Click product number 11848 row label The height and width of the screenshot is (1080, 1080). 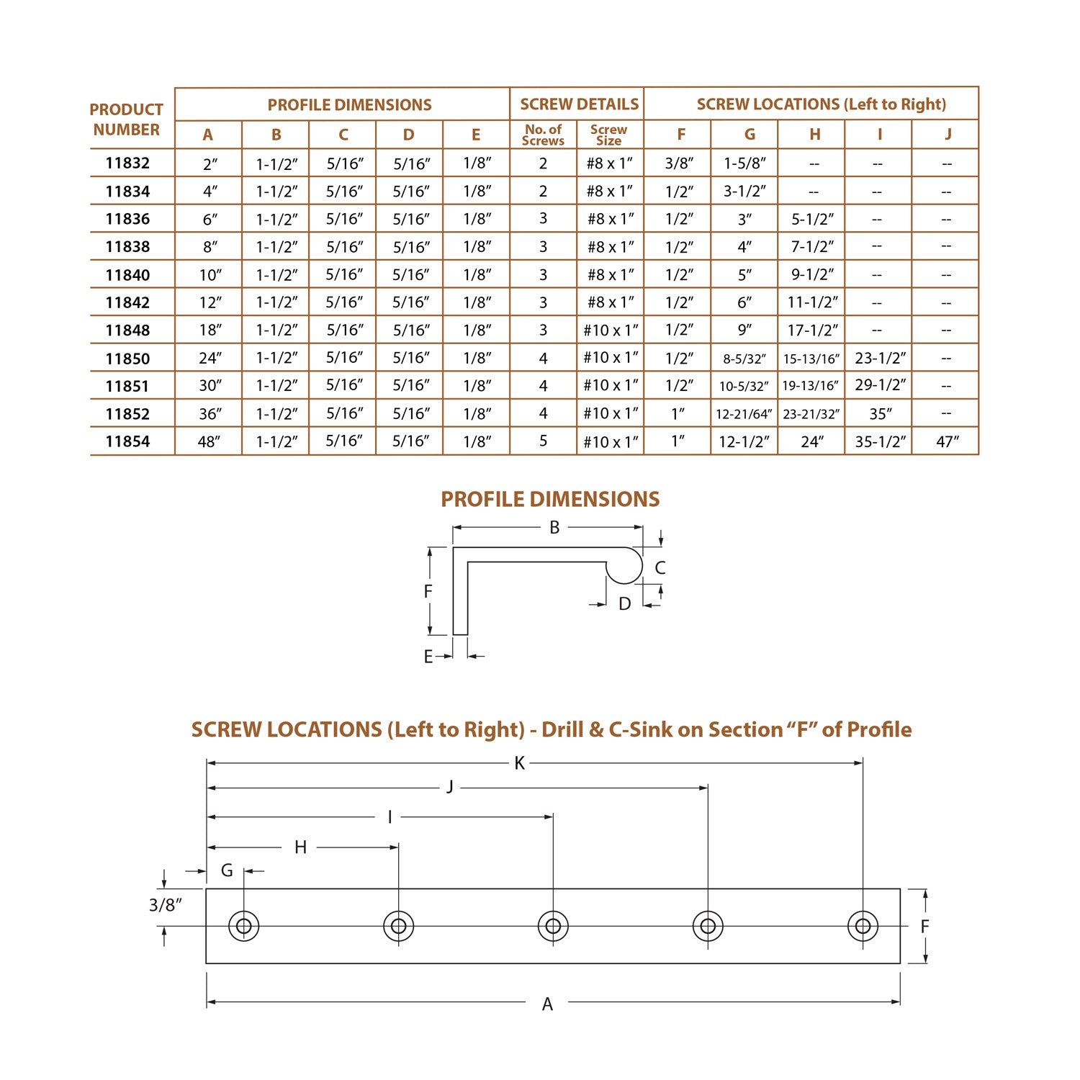[x=127, y=330]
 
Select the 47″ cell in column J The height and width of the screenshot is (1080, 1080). [x=947, y=441]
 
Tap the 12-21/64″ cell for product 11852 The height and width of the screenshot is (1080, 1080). [x=744, y=414]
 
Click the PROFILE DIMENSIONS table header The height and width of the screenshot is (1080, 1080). [x=349, y=104]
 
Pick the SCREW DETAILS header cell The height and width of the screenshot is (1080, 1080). [x=579, y=104]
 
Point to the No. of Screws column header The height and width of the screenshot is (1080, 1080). [x=543, y=135]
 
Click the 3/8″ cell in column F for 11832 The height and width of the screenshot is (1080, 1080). [x=678, y=163]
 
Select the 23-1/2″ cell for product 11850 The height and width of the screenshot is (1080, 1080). [x=880, y=358]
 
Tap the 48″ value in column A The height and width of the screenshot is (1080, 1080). [x=209, y=441]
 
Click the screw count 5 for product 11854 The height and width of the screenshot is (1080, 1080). [x=543, y=441]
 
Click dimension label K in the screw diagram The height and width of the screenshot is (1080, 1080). [x=519, y=763]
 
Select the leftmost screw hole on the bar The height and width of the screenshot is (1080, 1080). [x=243, y=926]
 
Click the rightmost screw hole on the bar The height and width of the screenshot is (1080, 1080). [x=863, y=926]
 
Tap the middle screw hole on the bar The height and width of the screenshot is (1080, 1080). [x=553, y=926]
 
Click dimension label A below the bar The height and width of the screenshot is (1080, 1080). [x=547, y=1004]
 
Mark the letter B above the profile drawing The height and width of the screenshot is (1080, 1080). [x=554, y=528]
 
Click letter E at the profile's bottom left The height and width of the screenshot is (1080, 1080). [x=428, y=657]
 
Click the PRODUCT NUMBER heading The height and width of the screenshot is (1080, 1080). [x=127, y=120]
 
